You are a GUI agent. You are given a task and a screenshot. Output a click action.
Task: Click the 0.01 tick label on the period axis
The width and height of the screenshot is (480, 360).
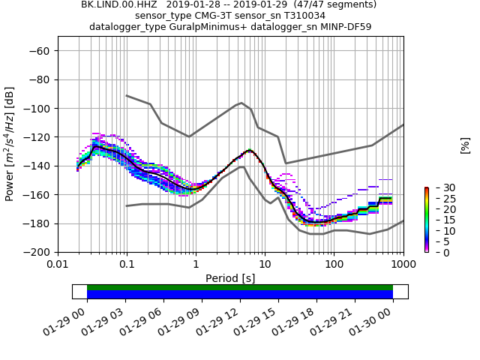(58, 265)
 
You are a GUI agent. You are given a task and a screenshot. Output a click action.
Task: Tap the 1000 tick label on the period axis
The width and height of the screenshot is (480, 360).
(403, 265)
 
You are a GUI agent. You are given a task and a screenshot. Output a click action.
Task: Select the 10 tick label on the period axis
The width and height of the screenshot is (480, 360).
(265, 265)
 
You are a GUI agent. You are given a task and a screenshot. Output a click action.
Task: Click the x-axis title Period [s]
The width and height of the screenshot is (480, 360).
(230, 277)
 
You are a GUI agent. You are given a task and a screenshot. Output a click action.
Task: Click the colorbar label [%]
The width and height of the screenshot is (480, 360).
(465, 145)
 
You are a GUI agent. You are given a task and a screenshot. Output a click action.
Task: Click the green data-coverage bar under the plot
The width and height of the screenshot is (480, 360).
(240, 287)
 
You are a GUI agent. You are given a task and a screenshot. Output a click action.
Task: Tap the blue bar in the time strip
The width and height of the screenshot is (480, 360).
(240, 295)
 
